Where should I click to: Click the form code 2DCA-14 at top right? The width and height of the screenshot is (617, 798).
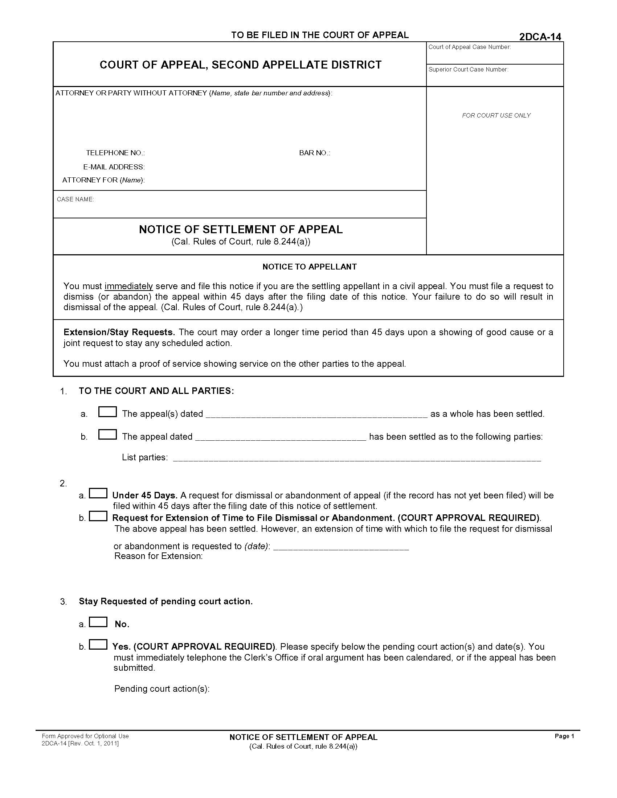click(x=540, y=37)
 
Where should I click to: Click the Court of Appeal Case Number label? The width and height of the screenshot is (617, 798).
click(x=469, y=47)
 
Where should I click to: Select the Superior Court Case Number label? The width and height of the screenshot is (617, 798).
click(x=468, y=69)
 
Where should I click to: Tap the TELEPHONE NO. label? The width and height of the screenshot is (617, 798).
click(x=115, y=153)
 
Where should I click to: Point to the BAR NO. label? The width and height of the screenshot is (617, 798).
click(x=314, y=153)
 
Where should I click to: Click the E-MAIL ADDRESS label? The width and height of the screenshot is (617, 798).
click(x=114, y=167)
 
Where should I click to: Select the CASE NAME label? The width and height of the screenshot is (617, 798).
click(x=75, y=199)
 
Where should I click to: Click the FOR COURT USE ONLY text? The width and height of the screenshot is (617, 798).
click(x=496, y=115)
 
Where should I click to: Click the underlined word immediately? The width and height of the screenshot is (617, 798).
click(x=129, y=286)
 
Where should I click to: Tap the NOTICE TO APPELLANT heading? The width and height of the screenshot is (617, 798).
click(x=309, y=267)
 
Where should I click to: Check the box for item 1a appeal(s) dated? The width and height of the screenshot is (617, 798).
click(x=107, y=412)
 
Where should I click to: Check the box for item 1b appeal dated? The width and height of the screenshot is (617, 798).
click(x=107, y=435)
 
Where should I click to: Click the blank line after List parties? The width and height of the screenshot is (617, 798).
click(x=356, y=459)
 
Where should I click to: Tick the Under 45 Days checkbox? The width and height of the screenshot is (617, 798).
click(x=98, y=493)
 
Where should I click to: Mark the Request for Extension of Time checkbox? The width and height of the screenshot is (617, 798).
click(x=98, y=516)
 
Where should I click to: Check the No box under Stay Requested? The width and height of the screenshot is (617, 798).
click(x=98, y=622)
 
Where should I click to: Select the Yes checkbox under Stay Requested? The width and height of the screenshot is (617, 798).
click(x=98, y=645)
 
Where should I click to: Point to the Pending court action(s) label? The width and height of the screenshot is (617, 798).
click(x=162, y=689)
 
